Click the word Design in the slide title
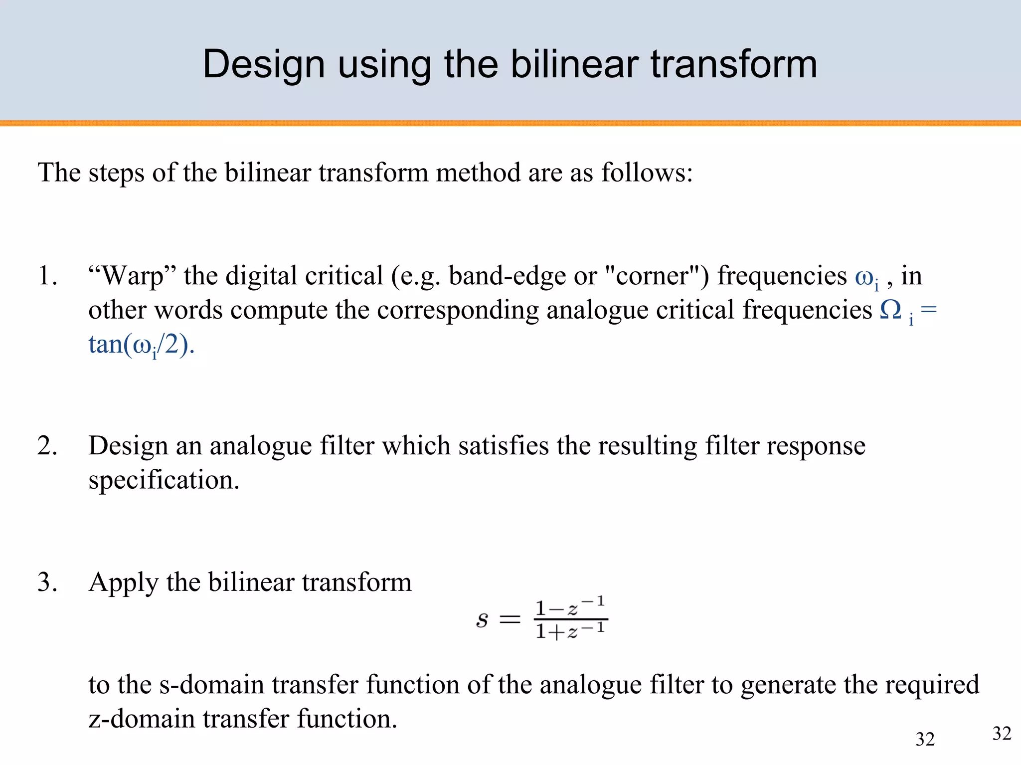tap(264, 65)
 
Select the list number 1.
tap(47, 276)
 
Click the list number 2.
tap(47, 445)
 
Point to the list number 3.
tap(47, 582)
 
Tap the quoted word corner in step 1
tap(656, 276)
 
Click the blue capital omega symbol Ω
tap(891, 310)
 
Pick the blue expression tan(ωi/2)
tap(141, 345)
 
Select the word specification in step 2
tap(164, 480)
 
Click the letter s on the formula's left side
tap(482, 620)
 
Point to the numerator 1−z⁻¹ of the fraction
tap(570, 607)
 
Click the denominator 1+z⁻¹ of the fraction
tap(570, 631)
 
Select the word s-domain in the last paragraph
tap(211, 684)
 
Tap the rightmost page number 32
tap(1002, 734)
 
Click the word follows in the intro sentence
tap(647, 173)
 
